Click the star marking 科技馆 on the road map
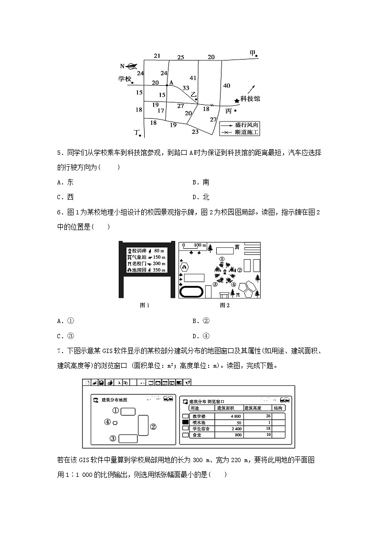237,101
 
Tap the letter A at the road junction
170,82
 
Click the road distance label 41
193,78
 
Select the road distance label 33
186,88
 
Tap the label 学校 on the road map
125,79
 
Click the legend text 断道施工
247,131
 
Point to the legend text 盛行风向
247,124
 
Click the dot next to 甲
257,56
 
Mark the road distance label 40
227,86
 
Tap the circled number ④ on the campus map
233,284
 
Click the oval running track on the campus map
191,291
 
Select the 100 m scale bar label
200,245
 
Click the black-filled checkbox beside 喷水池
186,422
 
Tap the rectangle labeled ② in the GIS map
143,425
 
